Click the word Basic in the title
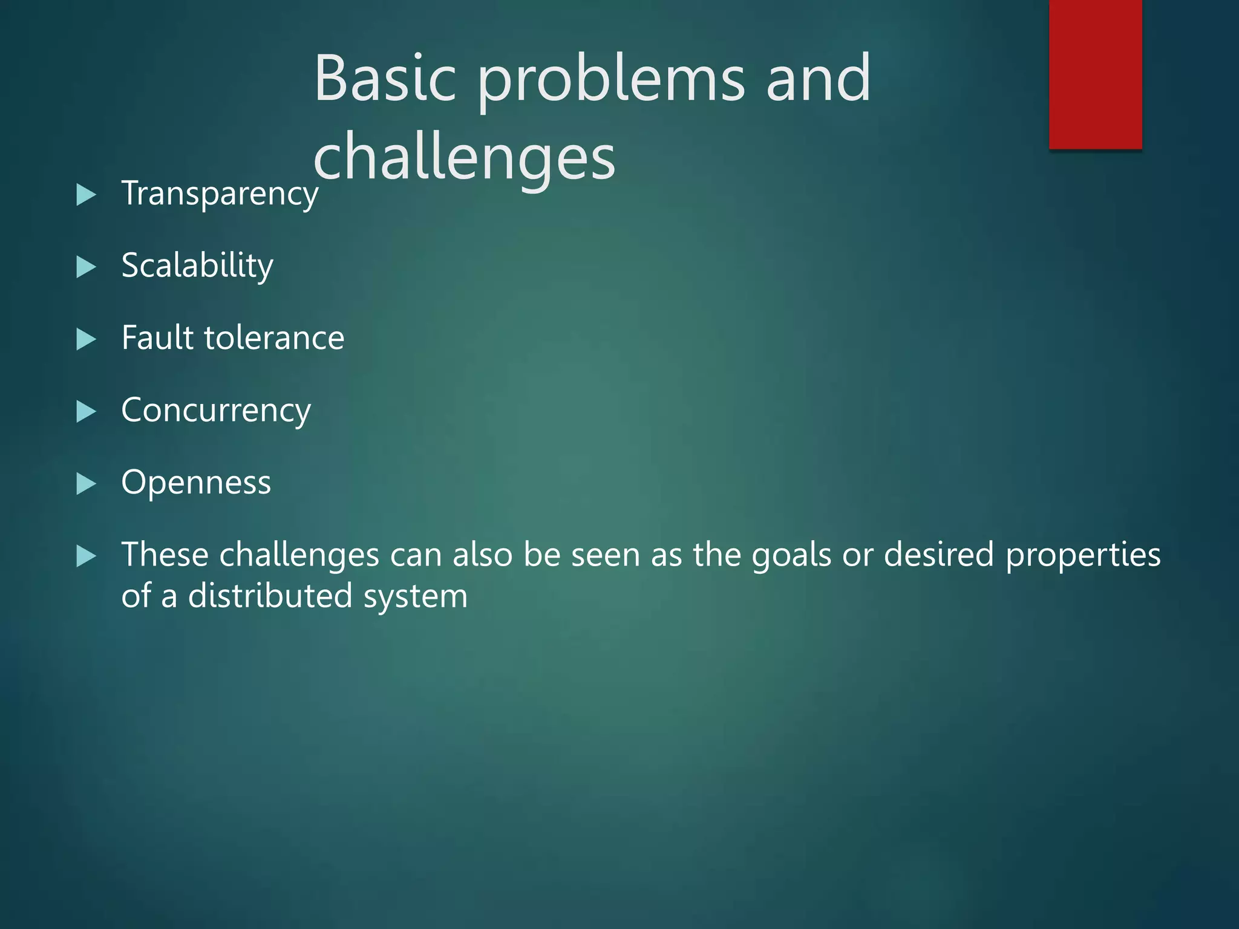tap(385, 79)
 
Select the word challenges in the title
tap(464, 158)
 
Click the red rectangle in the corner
tap(1095, 74)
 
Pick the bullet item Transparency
tap(220, 194)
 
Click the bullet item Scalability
tap(197, 266)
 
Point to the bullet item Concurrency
tap(216, 411)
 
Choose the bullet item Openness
tap(196, 483)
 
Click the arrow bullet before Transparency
tap(87, 195)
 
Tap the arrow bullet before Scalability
tap(87, 267)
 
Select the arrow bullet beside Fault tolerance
tap(87, 339)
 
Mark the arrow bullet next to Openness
tap(87, 484)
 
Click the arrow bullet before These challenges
tap(87, 556)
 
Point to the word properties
tap(1083, 556)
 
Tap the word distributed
tap(270, 596)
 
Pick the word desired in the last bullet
tap(939, 555)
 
